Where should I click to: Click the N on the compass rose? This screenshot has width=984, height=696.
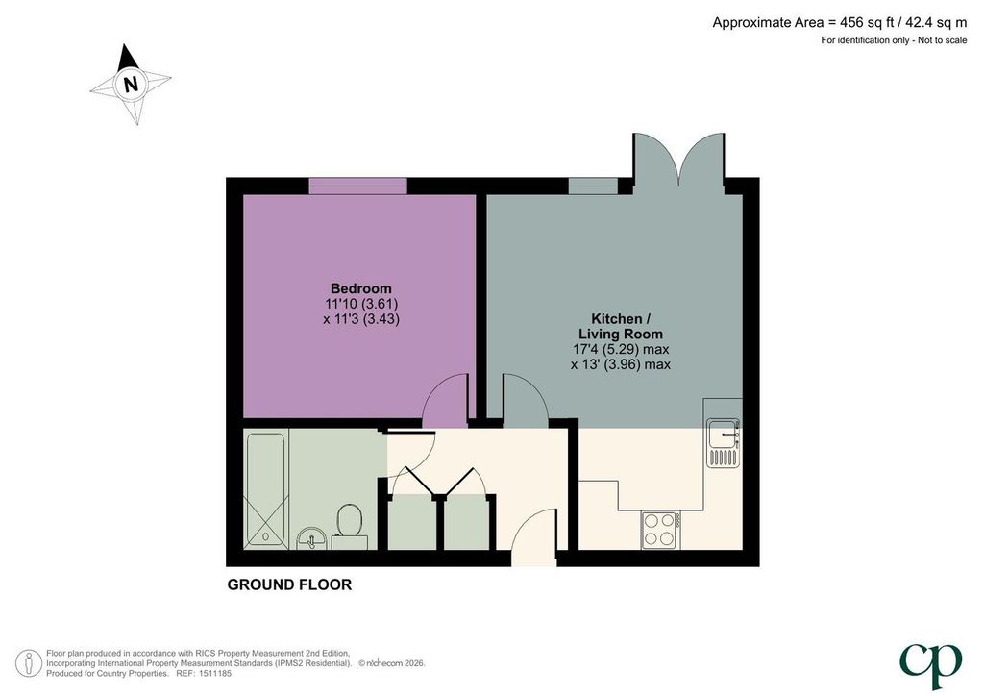tap(131, 84)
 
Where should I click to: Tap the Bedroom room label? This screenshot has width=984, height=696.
tap(361, 288)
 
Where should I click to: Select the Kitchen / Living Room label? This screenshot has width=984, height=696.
tap(620, 326)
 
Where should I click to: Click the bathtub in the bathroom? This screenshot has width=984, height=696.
tap(265, 489)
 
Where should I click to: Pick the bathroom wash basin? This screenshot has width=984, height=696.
tap(310, 538)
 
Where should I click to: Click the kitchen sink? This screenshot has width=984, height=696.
tap(725, 442)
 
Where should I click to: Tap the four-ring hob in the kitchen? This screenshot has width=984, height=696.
tap(660, 530)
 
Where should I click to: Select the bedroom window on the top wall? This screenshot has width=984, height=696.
tap(357, 186)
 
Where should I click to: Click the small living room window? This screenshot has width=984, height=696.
tap(593, 186)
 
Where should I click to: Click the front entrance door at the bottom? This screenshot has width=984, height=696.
tap(534, 537)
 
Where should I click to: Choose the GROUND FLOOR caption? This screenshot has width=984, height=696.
tap(289, 584)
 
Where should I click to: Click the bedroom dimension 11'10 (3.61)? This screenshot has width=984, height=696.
tap(361, 304)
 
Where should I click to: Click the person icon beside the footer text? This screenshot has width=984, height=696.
tap(29, 663)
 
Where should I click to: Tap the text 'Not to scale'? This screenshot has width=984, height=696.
tap(942, 40)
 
